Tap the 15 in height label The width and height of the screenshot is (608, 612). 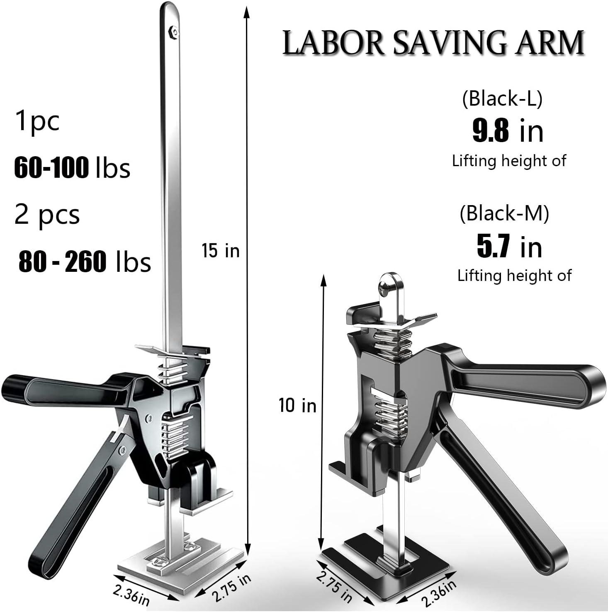point(221,251)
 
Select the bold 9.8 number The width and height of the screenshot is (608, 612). point(491,131)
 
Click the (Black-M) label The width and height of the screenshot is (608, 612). point(504,213)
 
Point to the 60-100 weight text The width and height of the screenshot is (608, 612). point(51,168)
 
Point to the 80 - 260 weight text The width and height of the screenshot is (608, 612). point(62,261)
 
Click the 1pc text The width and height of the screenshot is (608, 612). point(37,120)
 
